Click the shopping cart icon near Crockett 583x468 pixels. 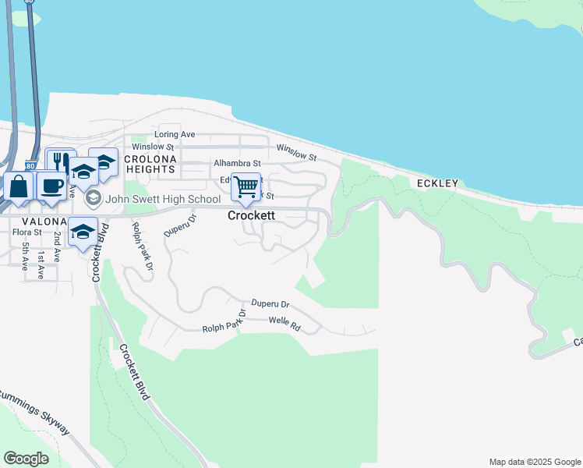pyautogui.click(x=246, y=186)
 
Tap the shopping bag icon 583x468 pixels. pyautogui.click(x=18, y=187)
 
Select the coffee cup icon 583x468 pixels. pyautogui.click(x=51, y=186)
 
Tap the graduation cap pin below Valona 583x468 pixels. pyautogui.click(x=82, y=232)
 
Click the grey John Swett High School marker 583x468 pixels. pyautogui.click(x=94, y=199)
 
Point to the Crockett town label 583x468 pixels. pyautogui.click(x=251, y=215)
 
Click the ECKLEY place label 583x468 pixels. pyautogui.click(x=436, y=183)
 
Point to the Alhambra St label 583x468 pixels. pyautogui.click(x=237, y=163)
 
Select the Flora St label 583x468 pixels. pyautogui.click(x=26, y=232)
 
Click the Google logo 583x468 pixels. pyautogui.click(x=26, y=458)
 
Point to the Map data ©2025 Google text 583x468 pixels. pyautogui.click(x=534, y=462)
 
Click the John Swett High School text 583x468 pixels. pyautogui.click(x=163, y=199)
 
